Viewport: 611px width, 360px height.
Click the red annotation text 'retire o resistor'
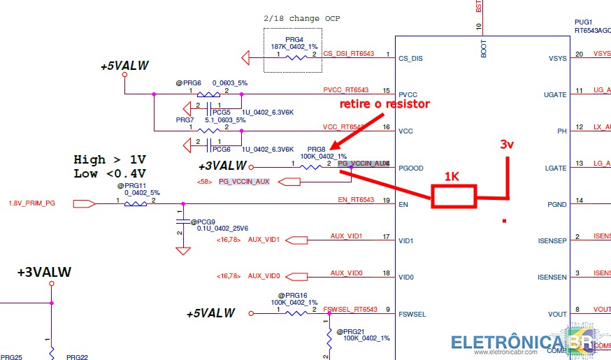click(384, 104)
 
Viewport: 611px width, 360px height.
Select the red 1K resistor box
click(454, 196)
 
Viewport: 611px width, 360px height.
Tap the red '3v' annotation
click(507, 145)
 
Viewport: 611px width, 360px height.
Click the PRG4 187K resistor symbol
click(296, 57)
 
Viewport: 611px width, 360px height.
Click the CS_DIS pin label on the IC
click(410, 59)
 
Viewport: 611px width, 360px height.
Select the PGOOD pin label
click(411, 168)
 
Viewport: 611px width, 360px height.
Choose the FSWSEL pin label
click(412, 314)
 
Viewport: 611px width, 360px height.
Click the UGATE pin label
click(555, 95)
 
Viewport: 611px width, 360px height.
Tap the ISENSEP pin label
click(552, 241)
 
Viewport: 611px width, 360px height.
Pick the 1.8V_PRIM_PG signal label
click(31, 203)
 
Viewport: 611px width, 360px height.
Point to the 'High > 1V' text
click(110, 159)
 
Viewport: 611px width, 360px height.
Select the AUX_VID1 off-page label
click(264, 240)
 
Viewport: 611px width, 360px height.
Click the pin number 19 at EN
click(386, 201)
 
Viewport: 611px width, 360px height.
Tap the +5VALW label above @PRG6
click(124, 66)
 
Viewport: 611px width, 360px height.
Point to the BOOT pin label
click(484, 48)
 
